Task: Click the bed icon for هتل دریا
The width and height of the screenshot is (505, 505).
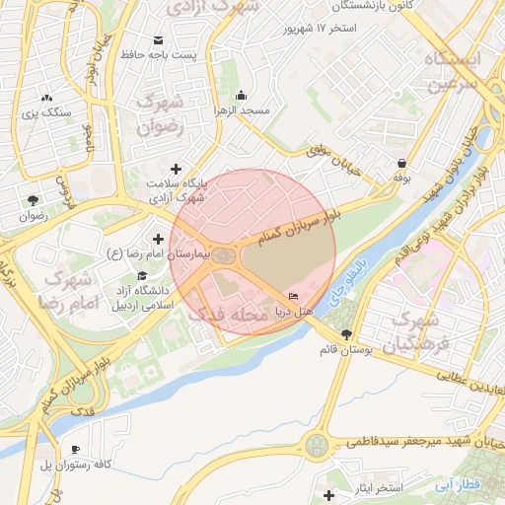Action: click(x=293, y=296)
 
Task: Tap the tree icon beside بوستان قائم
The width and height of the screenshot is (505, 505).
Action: click(x=345, y=334)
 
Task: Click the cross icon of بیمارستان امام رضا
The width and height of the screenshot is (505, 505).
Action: click(x=158, y=239)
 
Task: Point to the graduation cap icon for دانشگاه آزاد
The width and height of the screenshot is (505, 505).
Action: click(x=142, y=276)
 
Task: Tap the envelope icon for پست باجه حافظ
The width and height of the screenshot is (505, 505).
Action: click(x=158, y=39)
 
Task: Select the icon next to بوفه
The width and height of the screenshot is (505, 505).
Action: click(x=401, y=164)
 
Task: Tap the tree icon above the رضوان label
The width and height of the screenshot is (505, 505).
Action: click(x=34, y=198)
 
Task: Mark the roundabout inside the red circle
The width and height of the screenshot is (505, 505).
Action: click(x=226, y=257)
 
